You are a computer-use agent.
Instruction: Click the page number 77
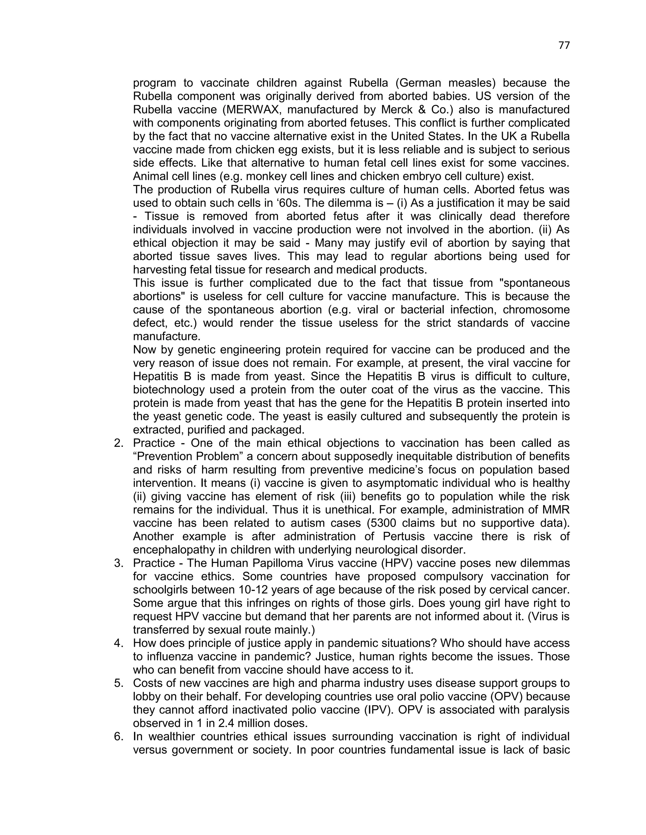coord(564,45)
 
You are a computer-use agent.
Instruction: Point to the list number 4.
coord(119,643)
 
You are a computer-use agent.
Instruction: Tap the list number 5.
coord(119,683)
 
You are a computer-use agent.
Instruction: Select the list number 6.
coord(119,736)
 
